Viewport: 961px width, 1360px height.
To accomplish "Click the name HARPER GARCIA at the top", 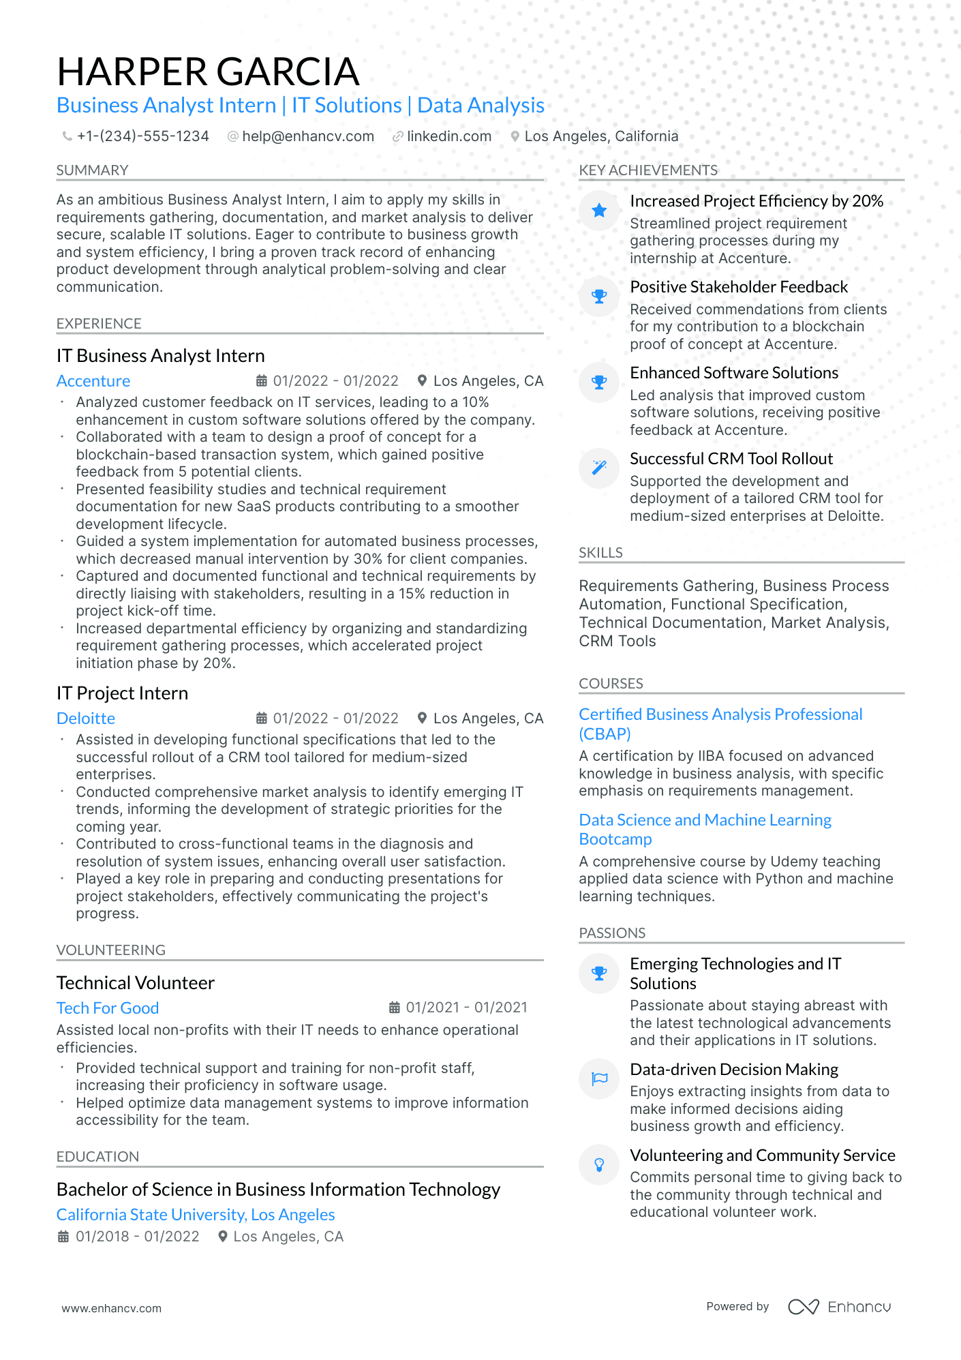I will [x=208, y=72].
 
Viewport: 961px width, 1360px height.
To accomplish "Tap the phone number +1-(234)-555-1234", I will [x=142, y=136].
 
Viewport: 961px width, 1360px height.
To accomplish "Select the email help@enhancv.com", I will [x=308, y=136].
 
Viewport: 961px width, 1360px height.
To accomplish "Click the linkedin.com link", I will [x=449, y=136].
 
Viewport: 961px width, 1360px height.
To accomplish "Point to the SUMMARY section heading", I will [x=92, y=170].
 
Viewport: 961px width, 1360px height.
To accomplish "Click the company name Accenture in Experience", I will [x=93, y=381].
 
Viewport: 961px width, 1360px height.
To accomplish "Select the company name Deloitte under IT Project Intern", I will [x=86, y=719].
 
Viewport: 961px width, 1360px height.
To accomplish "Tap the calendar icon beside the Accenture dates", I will [x=261, y=381].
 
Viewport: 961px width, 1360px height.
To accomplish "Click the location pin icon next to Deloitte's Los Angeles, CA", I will [x=423, y=719].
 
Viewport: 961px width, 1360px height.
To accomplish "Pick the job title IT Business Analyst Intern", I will [x=161, y=356].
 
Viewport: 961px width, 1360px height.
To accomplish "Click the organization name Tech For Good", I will [x=108, y=1008].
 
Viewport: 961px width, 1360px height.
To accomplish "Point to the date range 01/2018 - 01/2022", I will [x=137, y=1237].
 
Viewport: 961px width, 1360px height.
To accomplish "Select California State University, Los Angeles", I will [x=196, y=1215].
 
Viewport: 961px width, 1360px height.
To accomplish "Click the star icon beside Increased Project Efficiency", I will [x=599, y=211].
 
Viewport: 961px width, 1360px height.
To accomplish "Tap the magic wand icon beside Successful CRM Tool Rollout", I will [x=599, y=468].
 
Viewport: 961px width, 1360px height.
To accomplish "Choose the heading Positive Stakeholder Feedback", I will [x=739, y=287].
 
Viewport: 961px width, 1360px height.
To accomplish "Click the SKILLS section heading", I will [x=600, y=553].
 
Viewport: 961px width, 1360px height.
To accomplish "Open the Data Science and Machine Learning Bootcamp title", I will [x=705, y=829].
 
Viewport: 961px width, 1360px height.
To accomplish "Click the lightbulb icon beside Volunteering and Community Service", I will [x=599, y=1165].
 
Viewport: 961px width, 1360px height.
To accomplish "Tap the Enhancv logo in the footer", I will [x=839, y=1307].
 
